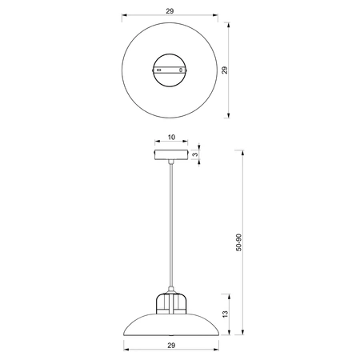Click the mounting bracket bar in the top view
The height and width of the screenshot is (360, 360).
tap(170, 71)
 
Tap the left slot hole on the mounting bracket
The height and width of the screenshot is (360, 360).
tap(159, 71)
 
